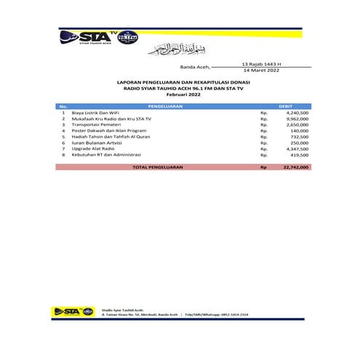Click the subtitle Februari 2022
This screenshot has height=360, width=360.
tap(181, 96)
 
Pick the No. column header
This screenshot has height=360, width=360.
tap(64, 106)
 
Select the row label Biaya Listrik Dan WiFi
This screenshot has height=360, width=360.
tap(94, 113)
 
